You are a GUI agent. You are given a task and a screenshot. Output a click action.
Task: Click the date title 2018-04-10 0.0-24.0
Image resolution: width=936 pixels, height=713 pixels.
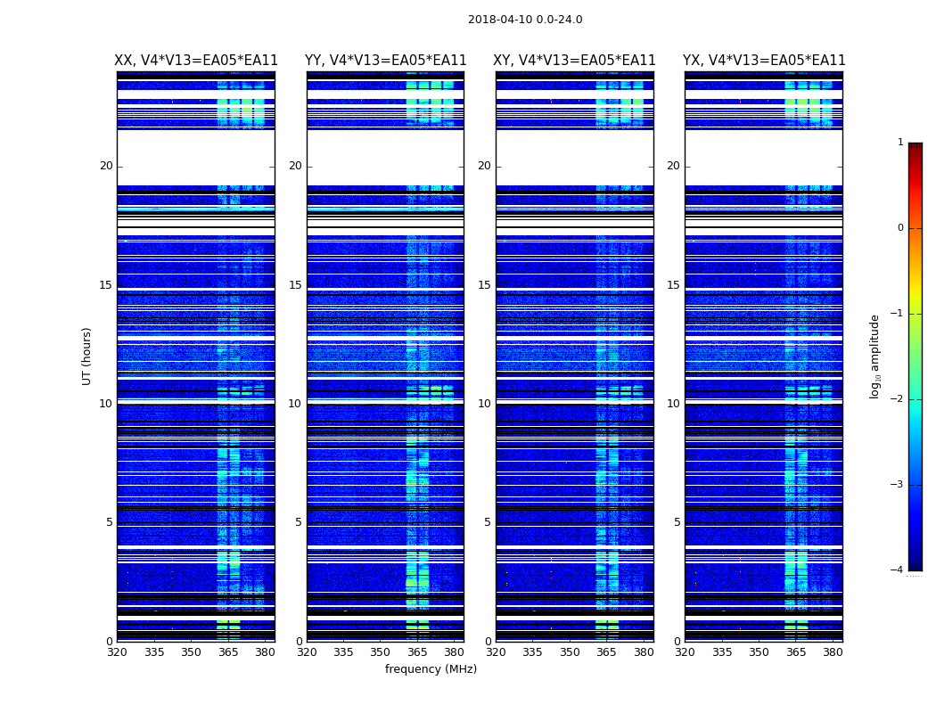[x=525, y=20]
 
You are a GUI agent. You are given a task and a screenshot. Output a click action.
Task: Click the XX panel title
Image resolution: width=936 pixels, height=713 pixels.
[x=196, y=61]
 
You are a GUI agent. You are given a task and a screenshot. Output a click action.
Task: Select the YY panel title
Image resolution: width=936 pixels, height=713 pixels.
[x=385, y=61]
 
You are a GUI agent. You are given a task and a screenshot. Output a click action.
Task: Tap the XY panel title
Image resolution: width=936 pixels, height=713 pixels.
[x=575, y=61]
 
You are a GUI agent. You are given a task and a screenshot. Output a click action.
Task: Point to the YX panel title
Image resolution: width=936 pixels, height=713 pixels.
[x=764, y=61]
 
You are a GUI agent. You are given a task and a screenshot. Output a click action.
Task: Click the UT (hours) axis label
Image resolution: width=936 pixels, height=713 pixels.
[x=87, y=356]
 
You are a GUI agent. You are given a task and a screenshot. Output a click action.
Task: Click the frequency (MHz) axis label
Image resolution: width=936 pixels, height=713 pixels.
[x=431, y=669]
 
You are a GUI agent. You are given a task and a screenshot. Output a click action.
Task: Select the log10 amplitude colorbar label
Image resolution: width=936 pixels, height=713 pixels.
[x=875, y=356]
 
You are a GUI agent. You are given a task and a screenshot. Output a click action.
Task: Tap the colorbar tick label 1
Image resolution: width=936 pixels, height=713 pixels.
[x=899, y=143]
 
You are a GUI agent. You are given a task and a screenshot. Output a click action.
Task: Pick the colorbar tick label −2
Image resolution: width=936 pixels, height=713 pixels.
[x=898, y=399]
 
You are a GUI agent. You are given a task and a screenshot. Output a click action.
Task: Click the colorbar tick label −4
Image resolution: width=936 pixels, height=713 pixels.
[x=898, y=570]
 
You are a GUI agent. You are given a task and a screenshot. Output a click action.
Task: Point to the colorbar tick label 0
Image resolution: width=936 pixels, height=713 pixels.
[x=899, y=228]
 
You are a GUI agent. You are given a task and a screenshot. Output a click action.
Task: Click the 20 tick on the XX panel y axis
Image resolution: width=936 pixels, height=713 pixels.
[x=106, y=166]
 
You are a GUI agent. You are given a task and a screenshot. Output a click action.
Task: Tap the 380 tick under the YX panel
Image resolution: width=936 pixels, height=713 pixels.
[x=833, y=652]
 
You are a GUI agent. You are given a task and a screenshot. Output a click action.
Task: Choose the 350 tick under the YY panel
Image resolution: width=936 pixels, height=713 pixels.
[x=381, y=652]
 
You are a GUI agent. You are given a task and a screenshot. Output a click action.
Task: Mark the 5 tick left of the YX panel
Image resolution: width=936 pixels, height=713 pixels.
[x=677, y=522]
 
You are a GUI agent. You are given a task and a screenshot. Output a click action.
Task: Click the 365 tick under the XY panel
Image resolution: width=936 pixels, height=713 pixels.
[x=606, y=652]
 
